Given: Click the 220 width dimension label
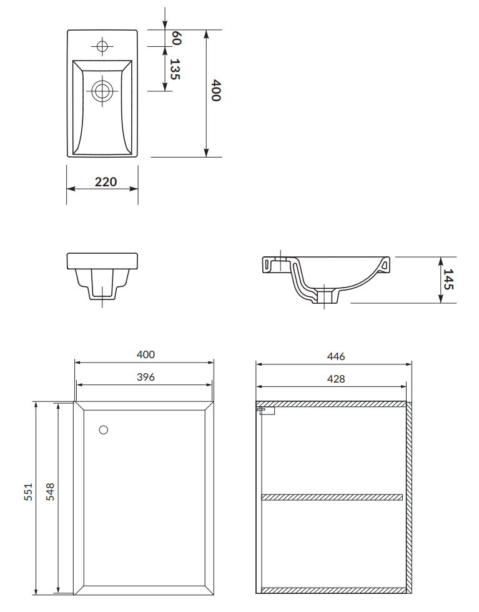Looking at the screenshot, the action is tap(106, 182).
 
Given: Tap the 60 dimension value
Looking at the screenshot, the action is tap(176, 38).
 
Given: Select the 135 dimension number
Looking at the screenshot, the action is tap(175, 69).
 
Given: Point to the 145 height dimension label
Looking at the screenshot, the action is tap(448, 279).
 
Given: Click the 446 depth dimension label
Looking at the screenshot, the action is tap(336, 356).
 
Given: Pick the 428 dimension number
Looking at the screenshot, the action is tap(336, 379).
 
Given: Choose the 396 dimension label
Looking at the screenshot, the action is tap(146, 377).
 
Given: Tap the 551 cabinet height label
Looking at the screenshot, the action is tap(29, 492).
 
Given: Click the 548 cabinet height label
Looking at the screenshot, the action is tap(51, 492).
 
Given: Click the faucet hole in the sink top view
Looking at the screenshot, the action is tap(102, 46).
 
